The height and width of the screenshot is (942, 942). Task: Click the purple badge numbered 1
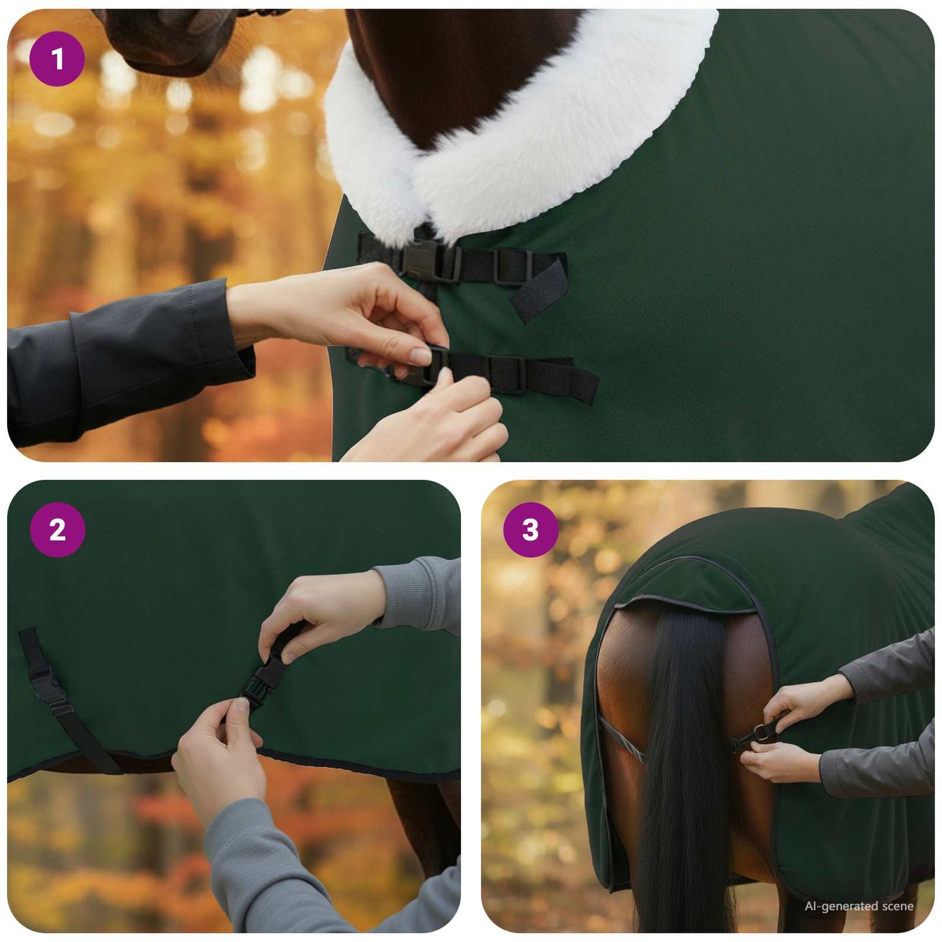[57, 59]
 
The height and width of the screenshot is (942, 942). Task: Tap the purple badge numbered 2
[57, 529]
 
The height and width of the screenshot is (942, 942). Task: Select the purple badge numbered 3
[531, 529]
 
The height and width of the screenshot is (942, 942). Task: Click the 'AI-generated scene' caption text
[859, 906]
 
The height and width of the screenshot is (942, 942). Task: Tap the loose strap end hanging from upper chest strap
[538, 290]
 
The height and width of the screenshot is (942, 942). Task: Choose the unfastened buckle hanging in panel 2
[43, 688]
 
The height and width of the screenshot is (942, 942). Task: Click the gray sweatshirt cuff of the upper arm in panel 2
[417, 593]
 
